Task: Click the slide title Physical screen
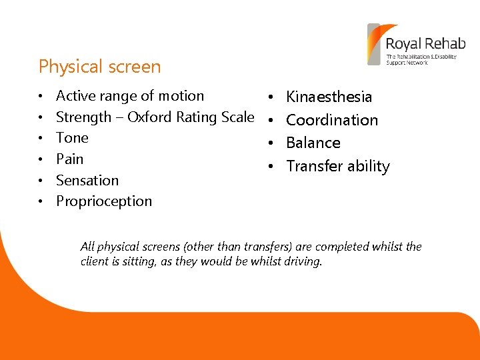pyautogui.click(x=99, y=67)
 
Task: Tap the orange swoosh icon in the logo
pyautogui.click(x=375, y=43)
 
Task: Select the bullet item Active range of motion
pyautogui.click(x=130, y=96)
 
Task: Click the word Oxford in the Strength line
pyautogui.click(x=151, y=117)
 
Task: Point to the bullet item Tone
pyautogui.click(x=72, y=138)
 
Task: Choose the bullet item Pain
pyautogui.click(x=70, y=159)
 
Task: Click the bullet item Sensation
pyautogui.click(x=87, y=181)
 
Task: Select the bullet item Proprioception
pyautogui.click(x=104, y=201)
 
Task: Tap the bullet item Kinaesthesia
pyautogui.click(x=329, y=97)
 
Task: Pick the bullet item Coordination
pyautogui.click(x=332, y=120)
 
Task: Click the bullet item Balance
pyautogui.click(x=313, y=143)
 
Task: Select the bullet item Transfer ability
pyautogui.click(x=338, y=167)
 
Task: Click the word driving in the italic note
pyautogui.click(x=303, y=261)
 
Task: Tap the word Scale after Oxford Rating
pyautogui.click(x=237, y=117)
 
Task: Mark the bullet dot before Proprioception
pyautogui.click(x=41, y=202)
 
